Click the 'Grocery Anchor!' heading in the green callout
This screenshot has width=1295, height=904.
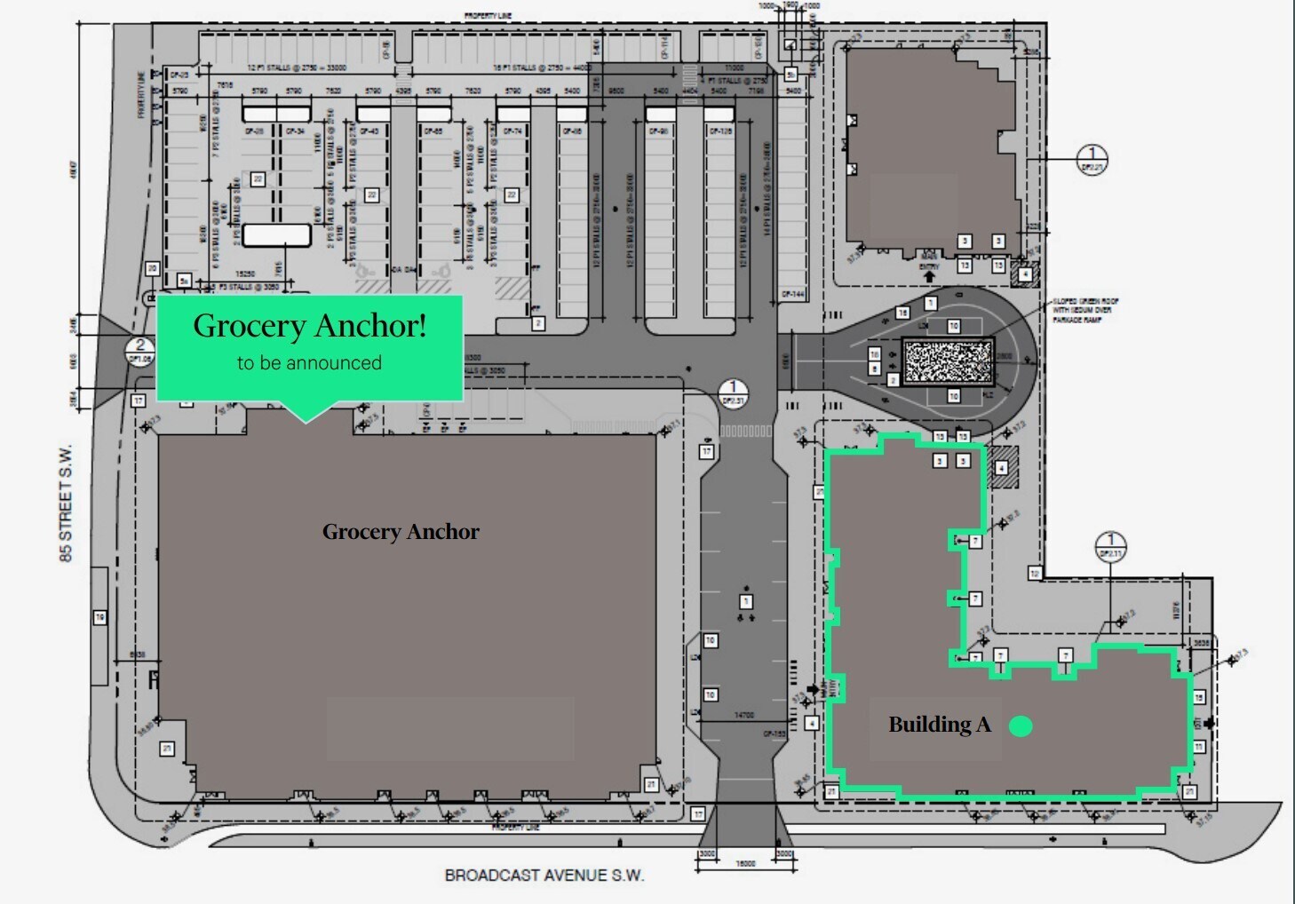point(310,326)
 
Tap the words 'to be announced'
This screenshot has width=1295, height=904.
point(309,363)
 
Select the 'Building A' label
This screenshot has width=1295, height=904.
point(939,725)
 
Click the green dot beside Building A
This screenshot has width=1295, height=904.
point(1021,726)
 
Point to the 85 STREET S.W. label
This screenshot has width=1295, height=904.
point(67,503)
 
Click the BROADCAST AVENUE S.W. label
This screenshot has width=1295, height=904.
point(544,876)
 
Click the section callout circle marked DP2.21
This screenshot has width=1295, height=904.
point(1092,160)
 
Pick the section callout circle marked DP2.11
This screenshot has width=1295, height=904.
point(1110,546)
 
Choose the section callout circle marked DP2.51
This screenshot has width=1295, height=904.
point(733,393)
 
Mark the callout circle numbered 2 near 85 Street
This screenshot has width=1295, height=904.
point(140,351)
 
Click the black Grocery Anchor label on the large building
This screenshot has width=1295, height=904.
point(401,532)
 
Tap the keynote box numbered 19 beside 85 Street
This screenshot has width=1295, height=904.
point(99,617)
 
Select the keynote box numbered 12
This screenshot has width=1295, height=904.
point(1034,574)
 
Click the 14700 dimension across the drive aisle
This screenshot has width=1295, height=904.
point(744,715)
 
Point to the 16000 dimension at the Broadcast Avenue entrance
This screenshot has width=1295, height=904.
point(745,863)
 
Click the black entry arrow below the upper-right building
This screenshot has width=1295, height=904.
point(929,277)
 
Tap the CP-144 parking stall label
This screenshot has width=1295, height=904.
point(792,294)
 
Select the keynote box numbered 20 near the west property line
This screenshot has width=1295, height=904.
point(152,268)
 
